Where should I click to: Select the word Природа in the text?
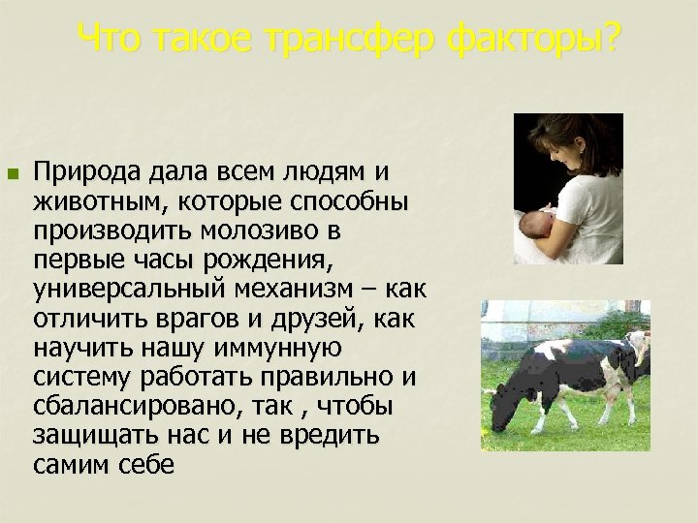coord(88,171)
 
